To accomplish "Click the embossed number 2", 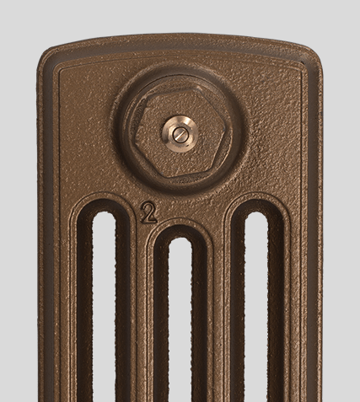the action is [148, 212].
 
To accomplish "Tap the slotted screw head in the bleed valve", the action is [180, 132].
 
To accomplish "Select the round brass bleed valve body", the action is [180, 132].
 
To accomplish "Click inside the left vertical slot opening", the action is [104, 306].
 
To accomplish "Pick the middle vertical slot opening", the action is [180, 320].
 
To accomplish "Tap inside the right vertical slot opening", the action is [256, 306].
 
